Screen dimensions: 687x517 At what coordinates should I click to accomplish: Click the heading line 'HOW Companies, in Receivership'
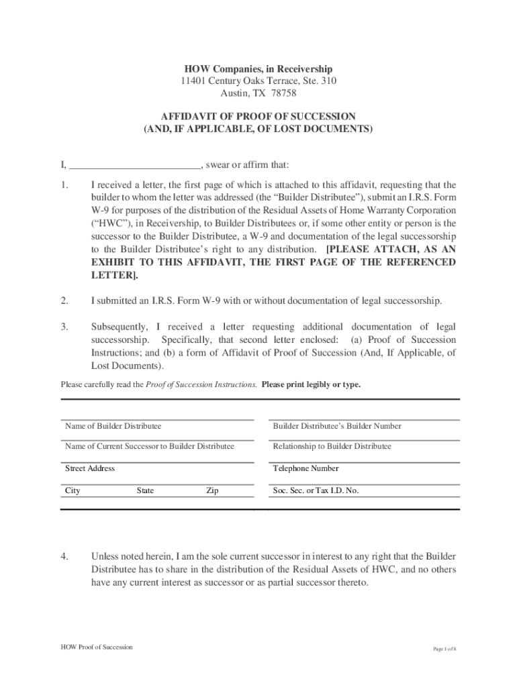point(258,69)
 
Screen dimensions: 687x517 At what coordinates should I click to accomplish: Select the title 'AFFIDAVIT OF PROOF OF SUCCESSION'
point(258,116)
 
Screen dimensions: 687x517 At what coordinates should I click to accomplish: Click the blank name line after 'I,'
point(135,166)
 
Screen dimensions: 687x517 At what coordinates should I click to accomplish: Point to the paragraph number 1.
point(64,184)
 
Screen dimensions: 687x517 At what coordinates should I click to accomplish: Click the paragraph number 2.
point(64,301)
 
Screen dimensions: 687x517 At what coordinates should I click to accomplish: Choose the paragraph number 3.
point(64,327)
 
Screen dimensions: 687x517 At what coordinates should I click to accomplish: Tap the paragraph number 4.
point(64,556)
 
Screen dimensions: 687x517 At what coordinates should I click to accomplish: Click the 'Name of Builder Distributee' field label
point(113,426)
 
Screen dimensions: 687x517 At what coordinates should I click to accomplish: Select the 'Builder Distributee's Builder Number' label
point(337,426)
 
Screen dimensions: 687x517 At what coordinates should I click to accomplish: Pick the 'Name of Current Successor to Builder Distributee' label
point(150,446)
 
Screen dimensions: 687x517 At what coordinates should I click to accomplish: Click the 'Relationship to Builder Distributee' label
point(332,446)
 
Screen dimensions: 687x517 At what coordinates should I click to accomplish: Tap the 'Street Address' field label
point(89,468)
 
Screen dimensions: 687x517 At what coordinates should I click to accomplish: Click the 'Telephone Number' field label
point(305,468)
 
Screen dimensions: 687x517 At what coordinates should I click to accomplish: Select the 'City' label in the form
point(73,490)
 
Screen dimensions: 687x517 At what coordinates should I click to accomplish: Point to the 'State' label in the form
point(145,490)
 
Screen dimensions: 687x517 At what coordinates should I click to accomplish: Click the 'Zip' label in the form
point(212,490)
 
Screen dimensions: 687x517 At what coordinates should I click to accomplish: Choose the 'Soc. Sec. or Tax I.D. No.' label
point(316,490)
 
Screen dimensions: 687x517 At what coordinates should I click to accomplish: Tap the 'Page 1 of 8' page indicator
point(444,649)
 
